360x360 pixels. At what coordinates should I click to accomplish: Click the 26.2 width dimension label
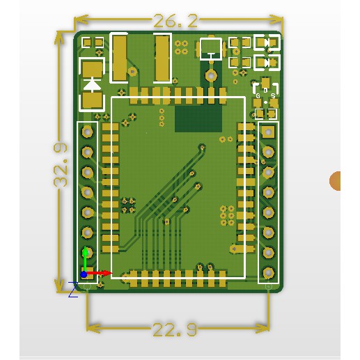point(175,21)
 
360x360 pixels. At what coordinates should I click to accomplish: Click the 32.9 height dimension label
point(61,165)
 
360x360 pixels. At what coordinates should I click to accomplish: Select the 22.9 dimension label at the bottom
point(175,329)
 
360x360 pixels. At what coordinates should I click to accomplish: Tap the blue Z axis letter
point(73,290)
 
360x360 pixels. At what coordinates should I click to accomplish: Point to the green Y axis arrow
point(85,259)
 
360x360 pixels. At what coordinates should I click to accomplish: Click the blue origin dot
point(84,274)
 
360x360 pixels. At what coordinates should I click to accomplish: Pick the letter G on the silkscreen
point(258,95)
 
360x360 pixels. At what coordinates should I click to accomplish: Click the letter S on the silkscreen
point(273,95)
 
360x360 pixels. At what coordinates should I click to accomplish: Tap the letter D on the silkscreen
point(265,90)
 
